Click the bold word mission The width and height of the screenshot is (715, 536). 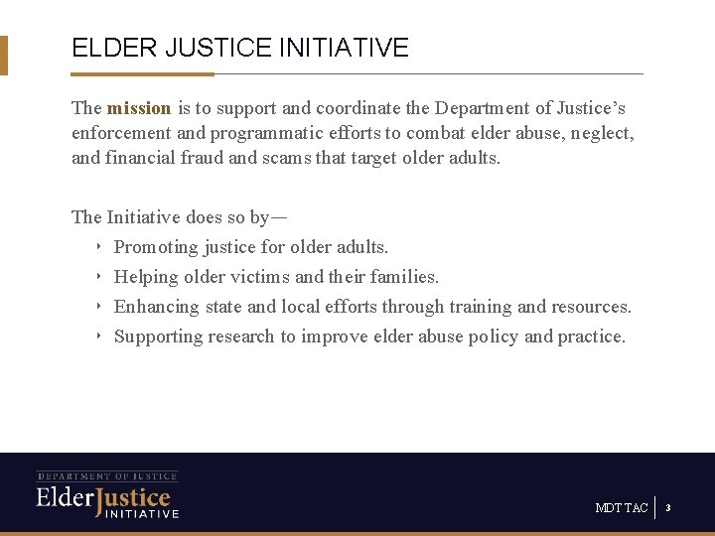pyautogui.click(x=139, y=108)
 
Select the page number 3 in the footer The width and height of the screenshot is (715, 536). pyautogui.click(x=668, y=508)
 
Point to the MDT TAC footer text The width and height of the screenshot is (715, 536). pyautogui.click(x=622, y=508)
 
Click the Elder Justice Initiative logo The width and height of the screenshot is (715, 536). pyautogui.click(x=107, y=494)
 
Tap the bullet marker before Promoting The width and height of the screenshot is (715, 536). pyautogui.click(x=98, y=247)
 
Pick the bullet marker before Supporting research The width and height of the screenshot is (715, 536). pyautogui.click(x=98, y=336)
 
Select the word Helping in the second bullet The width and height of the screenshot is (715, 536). pyautogui.click(x=145, y=277)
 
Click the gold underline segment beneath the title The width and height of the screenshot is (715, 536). pyautogui.click(x=142, y=73)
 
